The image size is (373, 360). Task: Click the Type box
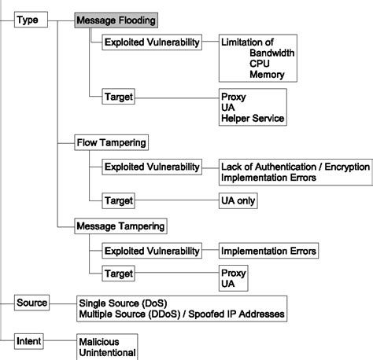click(28, 20)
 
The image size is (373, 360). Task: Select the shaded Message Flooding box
click(116, 20)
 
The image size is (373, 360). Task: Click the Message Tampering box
click(120, 226)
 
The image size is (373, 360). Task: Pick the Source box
click(32, 303)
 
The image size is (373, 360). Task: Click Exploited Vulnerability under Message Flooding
click(151, 42)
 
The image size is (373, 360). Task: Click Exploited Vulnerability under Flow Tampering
click(151, 167)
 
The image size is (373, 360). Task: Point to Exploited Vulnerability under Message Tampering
click(151, 251)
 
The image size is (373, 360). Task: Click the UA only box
click(238, 200)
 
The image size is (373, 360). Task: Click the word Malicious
click(101, 343)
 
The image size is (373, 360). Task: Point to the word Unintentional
click(108, 353)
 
